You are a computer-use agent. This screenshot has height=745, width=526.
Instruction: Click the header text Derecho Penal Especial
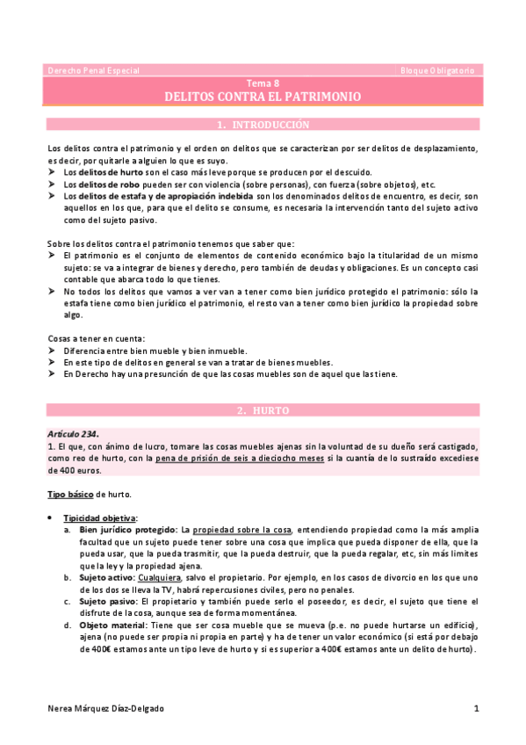tap(92, 70)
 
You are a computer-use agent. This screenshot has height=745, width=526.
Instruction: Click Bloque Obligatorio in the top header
tap(437, 70)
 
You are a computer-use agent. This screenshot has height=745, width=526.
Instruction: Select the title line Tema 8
tap(263, 83)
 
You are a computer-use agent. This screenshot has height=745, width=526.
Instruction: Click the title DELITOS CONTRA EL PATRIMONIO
tap(263, 97)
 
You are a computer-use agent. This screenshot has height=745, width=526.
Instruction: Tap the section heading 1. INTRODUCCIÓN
tap(263, 125)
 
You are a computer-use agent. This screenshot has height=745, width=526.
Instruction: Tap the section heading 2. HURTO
tap(263, 410)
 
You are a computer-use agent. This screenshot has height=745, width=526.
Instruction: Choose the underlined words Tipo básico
tap(69, 495)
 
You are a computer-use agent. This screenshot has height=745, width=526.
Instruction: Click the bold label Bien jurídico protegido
tap(126, 531)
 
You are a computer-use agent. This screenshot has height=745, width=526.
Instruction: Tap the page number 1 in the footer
tap(475, 708)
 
